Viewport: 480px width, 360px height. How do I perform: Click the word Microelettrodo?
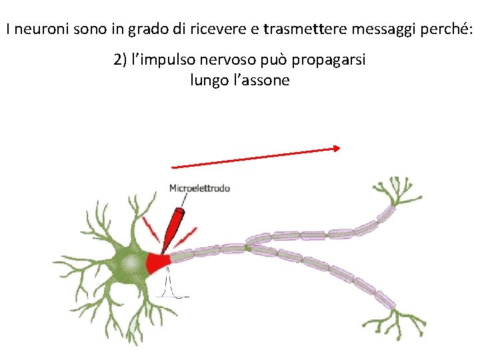point(199,188)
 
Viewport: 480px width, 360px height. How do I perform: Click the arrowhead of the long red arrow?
point(338,149)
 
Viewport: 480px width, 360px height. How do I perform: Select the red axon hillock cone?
point(159,263)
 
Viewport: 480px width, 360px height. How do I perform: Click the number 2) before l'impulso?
point(121,60)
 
